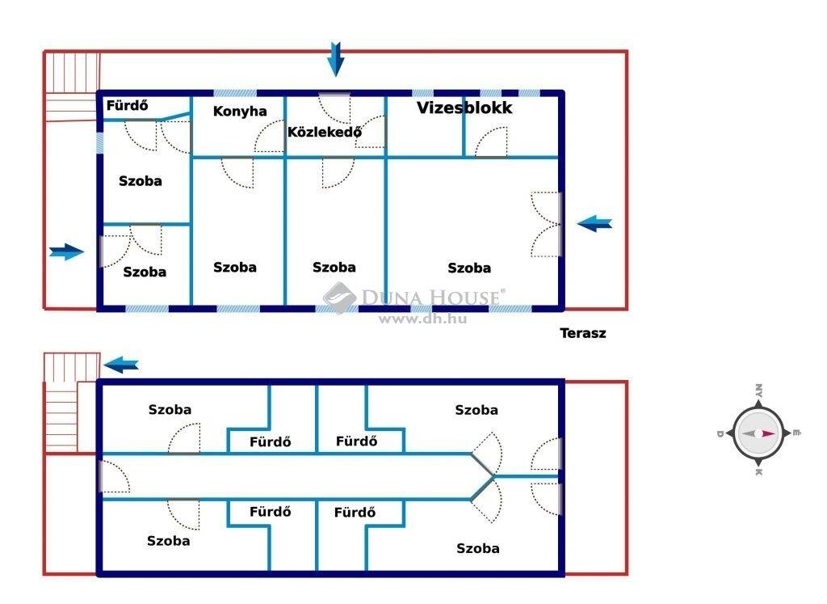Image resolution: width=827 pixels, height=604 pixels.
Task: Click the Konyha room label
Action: click(239, 112)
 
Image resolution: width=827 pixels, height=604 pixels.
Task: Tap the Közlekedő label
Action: click(325, 132)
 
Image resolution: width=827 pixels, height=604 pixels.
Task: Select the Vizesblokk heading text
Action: click(464, 108)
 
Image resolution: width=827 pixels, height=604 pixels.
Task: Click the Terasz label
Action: click(583, 333)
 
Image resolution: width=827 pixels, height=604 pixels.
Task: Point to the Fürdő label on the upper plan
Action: click(127, 106)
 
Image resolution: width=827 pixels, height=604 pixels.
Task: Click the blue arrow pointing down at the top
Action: click(335, 59)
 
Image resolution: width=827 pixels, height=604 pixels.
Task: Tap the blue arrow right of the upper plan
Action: click(594, 223)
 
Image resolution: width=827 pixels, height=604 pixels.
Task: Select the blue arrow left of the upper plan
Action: click(66, 251)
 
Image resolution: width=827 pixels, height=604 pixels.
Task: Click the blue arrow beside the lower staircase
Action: click(121, 365)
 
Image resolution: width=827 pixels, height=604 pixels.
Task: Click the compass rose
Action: click(758, 433)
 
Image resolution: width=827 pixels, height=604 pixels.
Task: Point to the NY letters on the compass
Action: click(758, 391)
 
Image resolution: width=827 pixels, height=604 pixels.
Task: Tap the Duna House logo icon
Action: click(340, 298)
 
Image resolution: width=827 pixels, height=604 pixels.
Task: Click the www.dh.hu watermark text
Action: click(422, 319)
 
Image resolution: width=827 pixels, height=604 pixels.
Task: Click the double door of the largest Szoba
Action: click(547, 225)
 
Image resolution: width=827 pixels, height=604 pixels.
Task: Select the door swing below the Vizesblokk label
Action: click(491, 142)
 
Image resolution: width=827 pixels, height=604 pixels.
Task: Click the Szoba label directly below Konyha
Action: click(235, 267)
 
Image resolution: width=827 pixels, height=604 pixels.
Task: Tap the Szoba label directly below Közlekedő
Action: click(334, 267)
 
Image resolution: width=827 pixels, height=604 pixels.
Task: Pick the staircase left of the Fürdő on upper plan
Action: click(71, 86)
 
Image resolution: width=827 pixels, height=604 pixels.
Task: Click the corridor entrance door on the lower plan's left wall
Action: click(115, 476)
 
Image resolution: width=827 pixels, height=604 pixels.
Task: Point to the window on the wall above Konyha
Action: click(235, 94)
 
